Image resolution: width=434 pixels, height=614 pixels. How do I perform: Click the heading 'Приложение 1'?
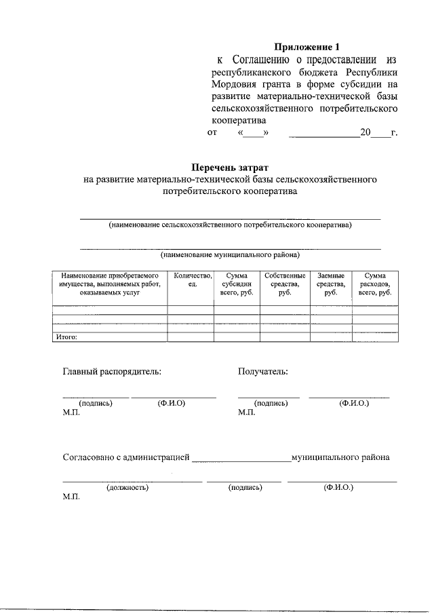pos(305,47)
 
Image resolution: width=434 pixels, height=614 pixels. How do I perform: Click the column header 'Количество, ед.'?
pos(193,280)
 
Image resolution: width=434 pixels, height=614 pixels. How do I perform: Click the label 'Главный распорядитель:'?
pos(112,371)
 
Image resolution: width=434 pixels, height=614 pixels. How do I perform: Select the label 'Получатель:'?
pos(262,371)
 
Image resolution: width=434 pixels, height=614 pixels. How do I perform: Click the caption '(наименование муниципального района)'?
pos(230,256)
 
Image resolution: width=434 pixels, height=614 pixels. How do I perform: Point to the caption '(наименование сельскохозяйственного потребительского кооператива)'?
pos(230,225)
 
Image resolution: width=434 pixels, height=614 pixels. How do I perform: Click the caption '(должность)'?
pos(127,487)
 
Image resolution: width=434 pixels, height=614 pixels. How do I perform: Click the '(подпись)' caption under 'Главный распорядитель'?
pos(96,403)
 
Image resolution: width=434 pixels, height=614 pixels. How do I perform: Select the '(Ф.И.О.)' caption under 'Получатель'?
pos(354,403)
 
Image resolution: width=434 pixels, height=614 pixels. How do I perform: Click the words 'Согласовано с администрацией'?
pos(126,457)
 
